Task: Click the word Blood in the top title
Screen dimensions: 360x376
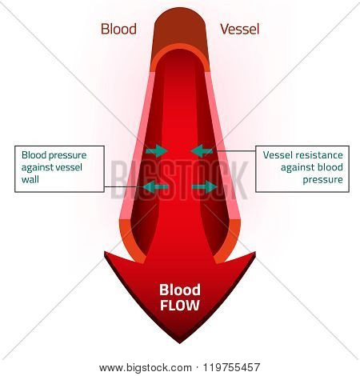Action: pos(118,29)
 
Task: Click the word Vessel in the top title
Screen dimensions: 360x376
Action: pos(239,29)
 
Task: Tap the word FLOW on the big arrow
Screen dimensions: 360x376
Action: pos(180,306)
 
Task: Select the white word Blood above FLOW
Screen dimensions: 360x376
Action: pos(180,290)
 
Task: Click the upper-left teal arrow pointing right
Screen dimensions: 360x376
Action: pos(157,151)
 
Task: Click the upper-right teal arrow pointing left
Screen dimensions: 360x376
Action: pos(202,151)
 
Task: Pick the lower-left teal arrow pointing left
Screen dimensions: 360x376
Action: pos(155,187)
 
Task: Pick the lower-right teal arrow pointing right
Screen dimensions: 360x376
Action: pos(205,187)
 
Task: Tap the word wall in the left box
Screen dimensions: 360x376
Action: pos(30,179)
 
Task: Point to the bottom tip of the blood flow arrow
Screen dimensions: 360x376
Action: pos(180,343)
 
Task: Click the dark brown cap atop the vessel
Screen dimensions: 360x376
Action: pos(180,30)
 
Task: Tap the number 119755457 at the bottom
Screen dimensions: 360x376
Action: pos(231,367)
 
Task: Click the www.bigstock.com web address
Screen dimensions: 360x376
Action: pos(146,368)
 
